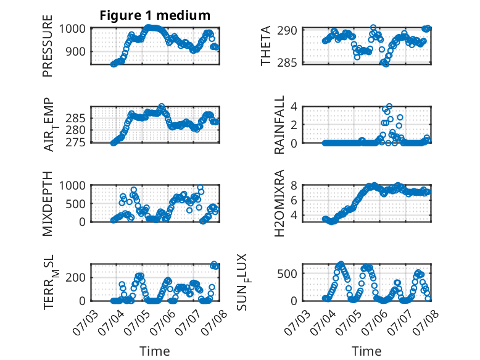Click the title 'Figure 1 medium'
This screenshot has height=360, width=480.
[x=155, y=15]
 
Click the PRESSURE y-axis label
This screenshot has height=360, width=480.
[x=48, y=46]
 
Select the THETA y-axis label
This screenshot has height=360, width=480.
[x=266, y=46]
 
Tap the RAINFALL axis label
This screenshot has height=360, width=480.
[x=279, y=125]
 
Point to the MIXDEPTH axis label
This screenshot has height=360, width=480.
[x=48, y=204]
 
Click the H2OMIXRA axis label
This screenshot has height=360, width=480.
[x=279, y=203]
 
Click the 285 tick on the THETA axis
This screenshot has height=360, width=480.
[x=287, y=63]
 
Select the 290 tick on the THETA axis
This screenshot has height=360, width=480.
[x=287, y=30]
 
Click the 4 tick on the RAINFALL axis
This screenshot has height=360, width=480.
[x=294, y=107]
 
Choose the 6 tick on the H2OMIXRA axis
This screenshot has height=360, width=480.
[x=294, y=200]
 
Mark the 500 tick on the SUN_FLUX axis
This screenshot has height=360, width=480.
[x=287, y=274]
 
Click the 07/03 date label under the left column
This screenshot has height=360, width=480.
[x=85, y=322]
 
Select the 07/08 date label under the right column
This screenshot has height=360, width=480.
[x=426, y=322]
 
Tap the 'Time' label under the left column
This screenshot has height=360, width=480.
[x=155, y=351]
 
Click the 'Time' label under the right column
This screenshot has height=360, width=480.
[x=366, y=351]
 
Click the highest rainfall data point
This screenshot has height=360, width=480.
[x=389, y=106]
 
